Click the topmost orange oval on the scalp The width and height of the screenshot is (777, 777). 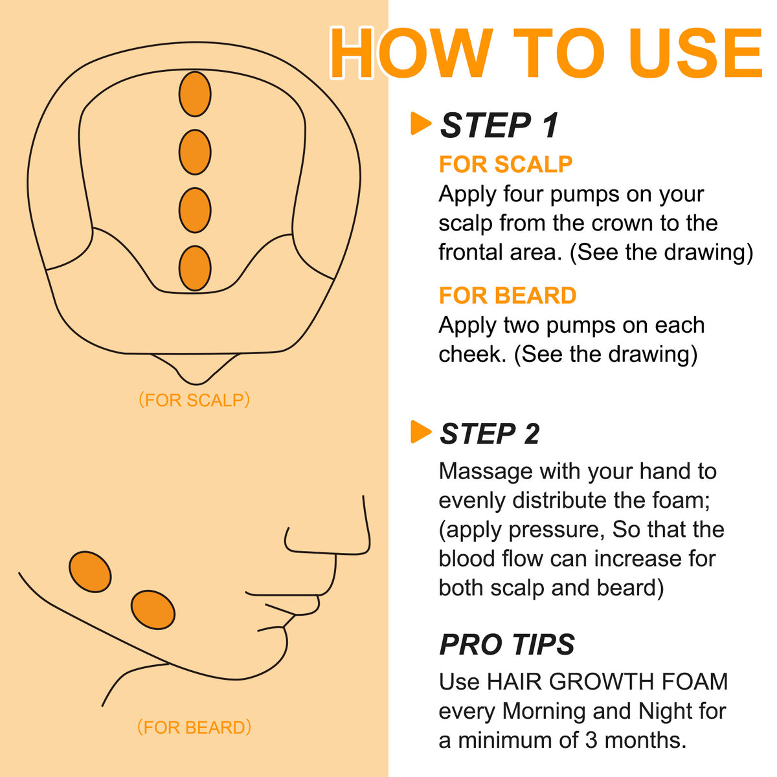[195, 95]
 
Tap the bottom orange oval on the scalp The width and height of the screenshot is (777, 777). [195, 268]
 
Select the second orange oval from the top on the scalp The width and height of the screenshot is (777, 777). [195, 152]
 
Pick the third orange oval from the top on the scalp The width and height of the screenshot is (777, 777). [195, 210]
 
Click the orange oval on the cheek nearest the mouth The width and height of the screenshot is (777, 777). [153, 610]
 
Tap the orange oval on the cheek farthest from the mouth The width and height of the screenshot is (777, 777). [90, 572]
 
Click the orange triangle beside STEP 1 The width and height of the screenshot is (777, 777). [421, 124]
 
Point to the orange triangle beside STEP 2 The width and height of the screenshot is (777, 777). [421, 432]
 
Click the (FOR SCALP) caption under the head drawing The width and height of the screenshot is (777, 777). [194, 400]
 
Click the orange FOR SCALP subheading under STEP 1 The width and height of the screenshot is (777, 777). [506, 164]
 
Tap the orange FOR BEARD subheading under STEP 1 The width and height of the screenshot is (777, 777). [508, 295]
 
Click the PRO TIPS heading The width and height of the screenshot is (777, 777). [507, 644]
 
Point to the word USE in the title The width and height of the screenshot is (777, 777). [695, 53]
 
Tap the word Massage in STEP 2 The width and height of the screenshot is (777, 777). [486, 472]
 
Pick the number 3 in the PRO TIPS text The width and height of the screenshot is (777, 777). [592, 741]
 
